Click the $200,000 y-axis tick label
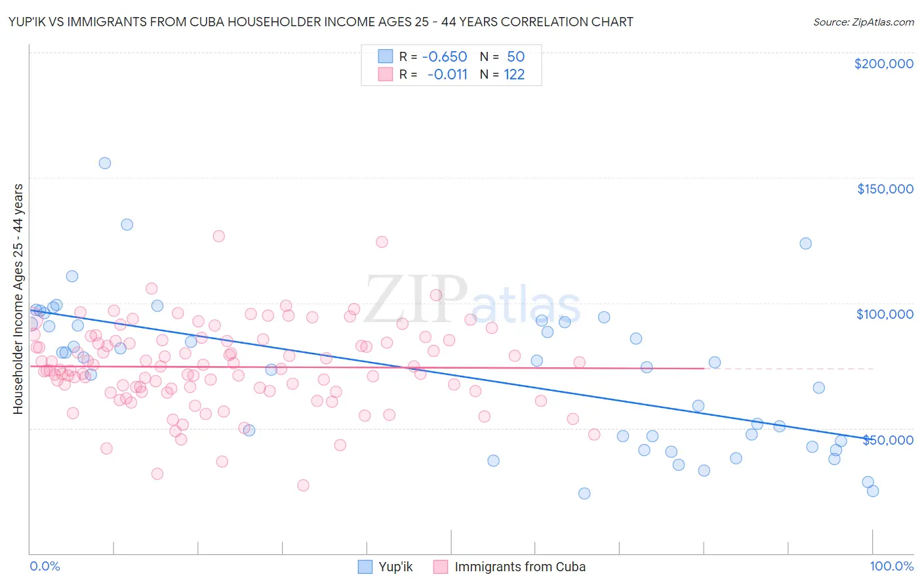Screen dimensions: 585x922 (x=883, y=64)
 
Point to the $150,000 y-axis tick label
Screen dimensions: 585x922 (x=885, y=189)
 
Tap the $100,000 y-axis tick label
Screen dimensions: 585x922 (x=885, y=314)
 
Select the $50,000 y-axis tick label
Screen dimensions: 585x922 (x=887, y=439)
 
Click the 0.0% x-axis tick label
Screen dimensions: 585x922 (x=45, y=566)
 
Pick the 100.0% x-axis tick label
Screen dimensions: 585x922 (x=891, y=566)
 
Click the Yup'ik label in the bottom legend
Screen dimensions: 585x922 (x=395, y=567)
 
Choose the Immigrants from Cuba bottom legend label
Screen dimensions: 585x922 (x=519, y=567)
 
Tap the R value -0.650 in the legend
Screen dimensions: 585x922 (x=444, y=57)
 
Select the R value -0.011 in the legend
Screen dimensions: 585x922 (x=447, y=75)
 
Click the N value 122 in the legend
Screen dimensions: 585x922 (x=514, y=75)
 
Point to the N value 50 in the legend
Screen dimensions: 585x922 (x=515, y=57)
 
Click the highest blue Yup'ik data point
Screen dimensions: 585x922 (x=105, y=163)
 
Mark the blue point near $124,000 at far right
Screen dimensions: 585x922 (x=805, y=243)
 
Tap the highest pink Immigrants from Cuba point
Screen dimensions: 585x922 (x=219, y=236)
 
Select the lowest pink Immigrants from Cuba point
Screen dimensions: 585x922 (x=303, y=485)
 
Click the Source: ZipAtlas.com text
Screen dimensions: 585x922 (x=863, y=22)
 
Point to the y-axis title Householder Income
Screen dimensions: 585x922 (x=18, y=299)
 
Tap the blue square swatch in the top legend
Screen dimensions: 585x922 (x=385, y=57)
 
